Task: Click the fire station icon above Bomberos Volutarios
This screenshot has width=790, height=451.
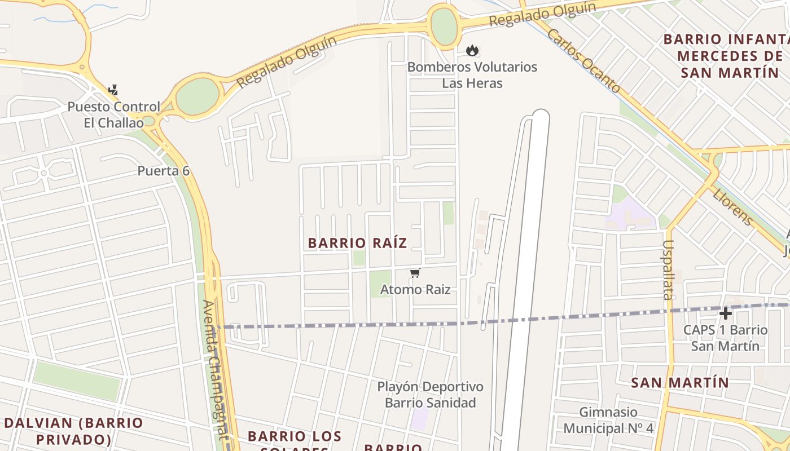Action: tap(472, 51)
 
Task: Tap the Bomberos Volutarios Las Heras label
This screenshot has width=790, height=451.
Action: tap(472, 75)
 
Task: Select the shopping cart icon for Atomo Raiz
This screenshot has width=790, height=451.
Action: tap(415, 273)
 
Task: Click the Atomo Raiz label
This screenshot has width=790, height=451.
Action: tap(415, 290)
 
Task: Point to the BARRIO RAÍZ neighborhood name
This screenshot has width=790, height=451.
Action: tap(357, 243)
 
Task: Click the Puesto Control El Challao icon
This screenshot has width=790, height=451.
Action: tap(113, 90)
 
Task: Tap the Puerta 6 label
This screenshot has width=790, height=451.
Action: tap(164, 171)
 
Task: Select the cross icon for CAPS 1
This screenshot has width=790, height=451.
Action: tap(726, 313)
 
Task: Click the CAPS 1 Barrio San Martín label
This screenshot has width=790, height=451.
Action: tap(726, 337)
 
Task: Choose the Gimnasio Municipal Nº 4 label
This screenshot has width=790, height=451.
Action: tap(608, 421)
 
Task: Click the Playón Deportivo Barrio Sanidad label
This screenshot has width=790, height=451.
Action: tap(431, 395)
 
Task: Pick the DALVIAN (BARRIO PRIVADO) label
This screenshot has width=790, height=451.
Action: tap(74, 431)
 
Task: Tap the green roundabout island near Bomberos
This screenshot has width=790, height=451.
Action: tap(444, 26)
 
